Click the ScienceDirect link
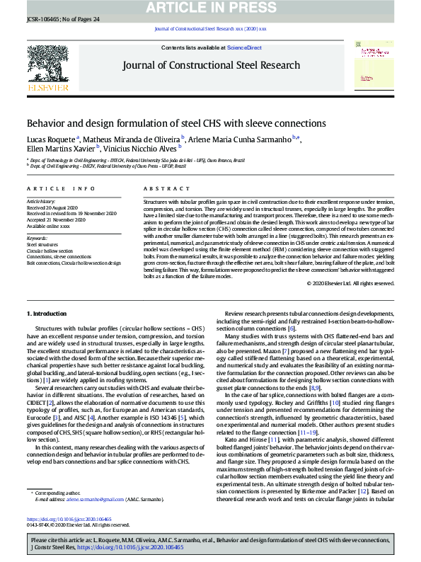[244, 47]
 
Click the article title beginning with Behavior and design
[166, 123]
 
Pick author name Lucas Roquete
[52, 139]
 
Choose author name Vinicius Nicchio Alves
[142, 149]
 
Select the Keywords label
[37, 238]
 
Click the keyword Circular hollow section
[50, 251]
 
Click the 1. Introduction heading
[47, 312]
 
